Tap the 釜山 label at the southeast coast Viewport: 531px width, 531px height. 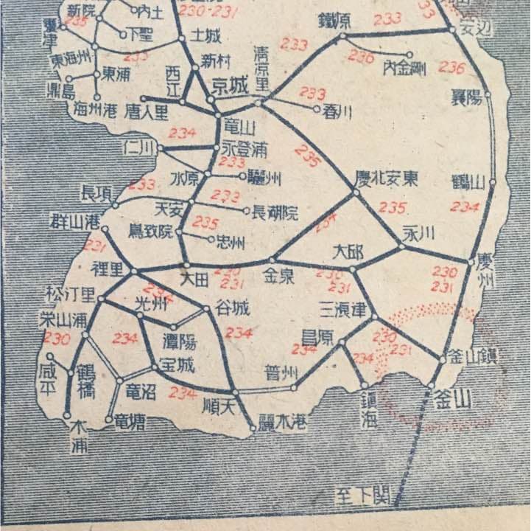(x=454, y=400)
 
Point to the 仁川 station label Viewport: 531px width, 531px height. (x=140, y=147)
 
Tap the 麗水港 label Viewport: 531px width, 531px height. (x=283, y=420)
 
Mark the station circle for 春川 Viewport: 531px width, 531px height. (x=317, y=109)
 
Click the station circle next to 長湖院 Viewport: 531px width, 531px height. (x=247, y=210)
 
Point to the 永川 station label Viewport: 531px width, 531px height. (x=421, y=233)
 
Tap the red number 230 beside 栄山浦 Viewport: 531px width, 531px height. (x=57, y=339)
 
